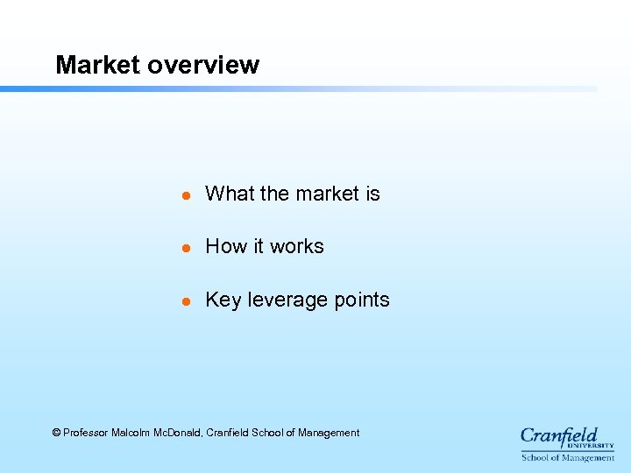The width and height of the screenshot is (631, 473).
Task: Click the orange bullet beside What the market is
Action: tap(186, 195)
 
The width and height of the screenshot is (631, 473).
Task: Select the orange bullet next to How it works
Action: tap(186, 248)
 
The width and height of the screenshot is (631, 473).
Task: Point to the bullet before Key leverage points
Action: tap(186, 300)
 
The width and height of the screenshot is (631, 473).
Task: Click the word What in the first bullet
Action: tap(229, 194)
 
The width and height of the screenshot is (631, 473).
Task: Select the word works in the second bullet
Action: tap(296, 246)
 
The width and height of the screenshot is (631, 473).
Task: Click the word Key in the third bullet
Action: tap(223, 300)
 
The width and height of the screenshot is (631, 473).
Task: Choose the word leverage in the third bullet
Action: tap(285, 300)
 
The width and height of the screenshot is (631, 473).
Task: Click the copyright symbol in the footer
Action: tap(57, 433)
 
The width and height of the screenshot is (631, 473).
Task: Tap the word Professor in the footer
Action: tap(86, 433)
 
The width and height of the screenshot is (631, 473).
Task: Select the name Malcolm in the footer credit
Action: tap(131, 433)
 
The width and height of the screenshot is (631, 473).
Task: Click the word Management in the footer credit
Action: tap(329, 433)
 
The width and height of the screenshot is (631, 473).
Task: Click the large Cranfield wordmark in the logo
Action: tap(558, 436)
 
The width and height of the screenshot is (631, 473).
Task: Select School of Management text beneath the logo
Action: tap(568, 457)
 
